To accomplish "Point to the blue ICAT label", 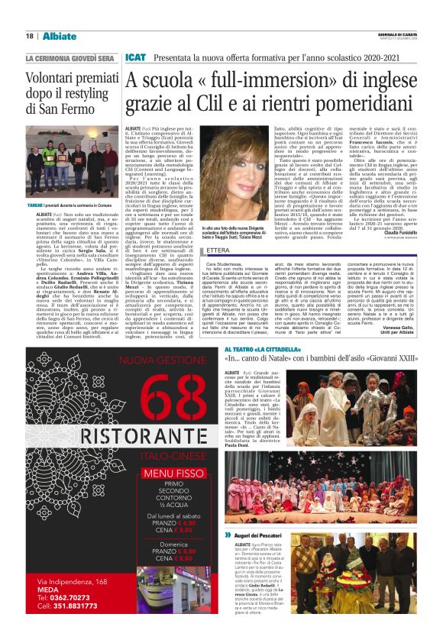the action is pyautogui.click(x=135, y=57).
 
